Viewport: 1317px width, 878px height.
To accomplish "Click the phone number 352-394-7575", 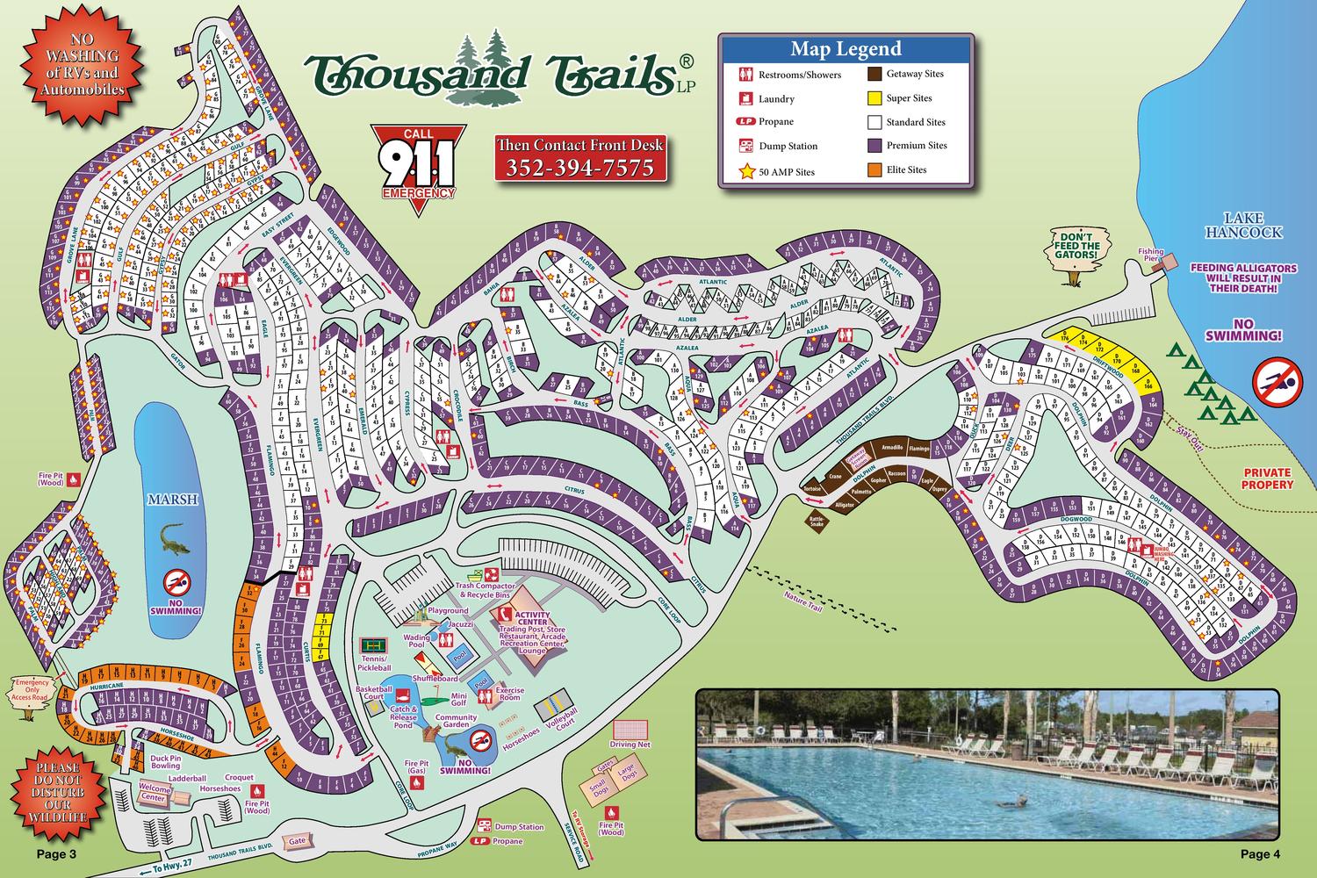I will pos(579,167).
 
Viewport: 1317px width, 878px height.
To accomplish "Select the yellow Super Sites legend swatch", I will pos(875,97).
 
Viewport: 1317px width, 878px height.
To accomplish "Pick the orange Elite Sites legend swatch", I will pos(875,169).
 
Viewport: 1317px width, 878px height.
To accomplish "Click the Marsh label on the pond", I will pos(172,499).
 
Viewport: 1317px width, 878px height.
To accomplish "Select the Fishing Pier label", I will pos(1151,252).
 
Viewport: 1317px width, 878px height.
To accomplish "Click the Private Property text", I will pos(1266,479).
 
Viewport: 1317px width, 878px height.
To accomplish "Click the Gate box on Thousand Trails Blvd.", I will pos(296,839).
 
